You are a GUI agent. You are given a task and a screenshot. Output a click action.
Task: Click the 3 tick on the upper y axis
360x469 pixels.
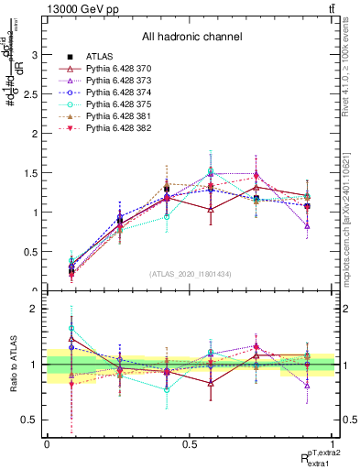[x=36, y=55]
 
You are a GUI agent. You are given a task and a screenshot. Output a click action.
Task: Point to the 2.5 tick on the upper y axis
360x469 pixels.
[x=33, y=94]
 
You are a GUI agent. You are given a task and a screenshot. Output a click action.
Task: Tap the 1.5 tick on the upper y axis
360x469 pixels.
[x=33, y=173]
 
